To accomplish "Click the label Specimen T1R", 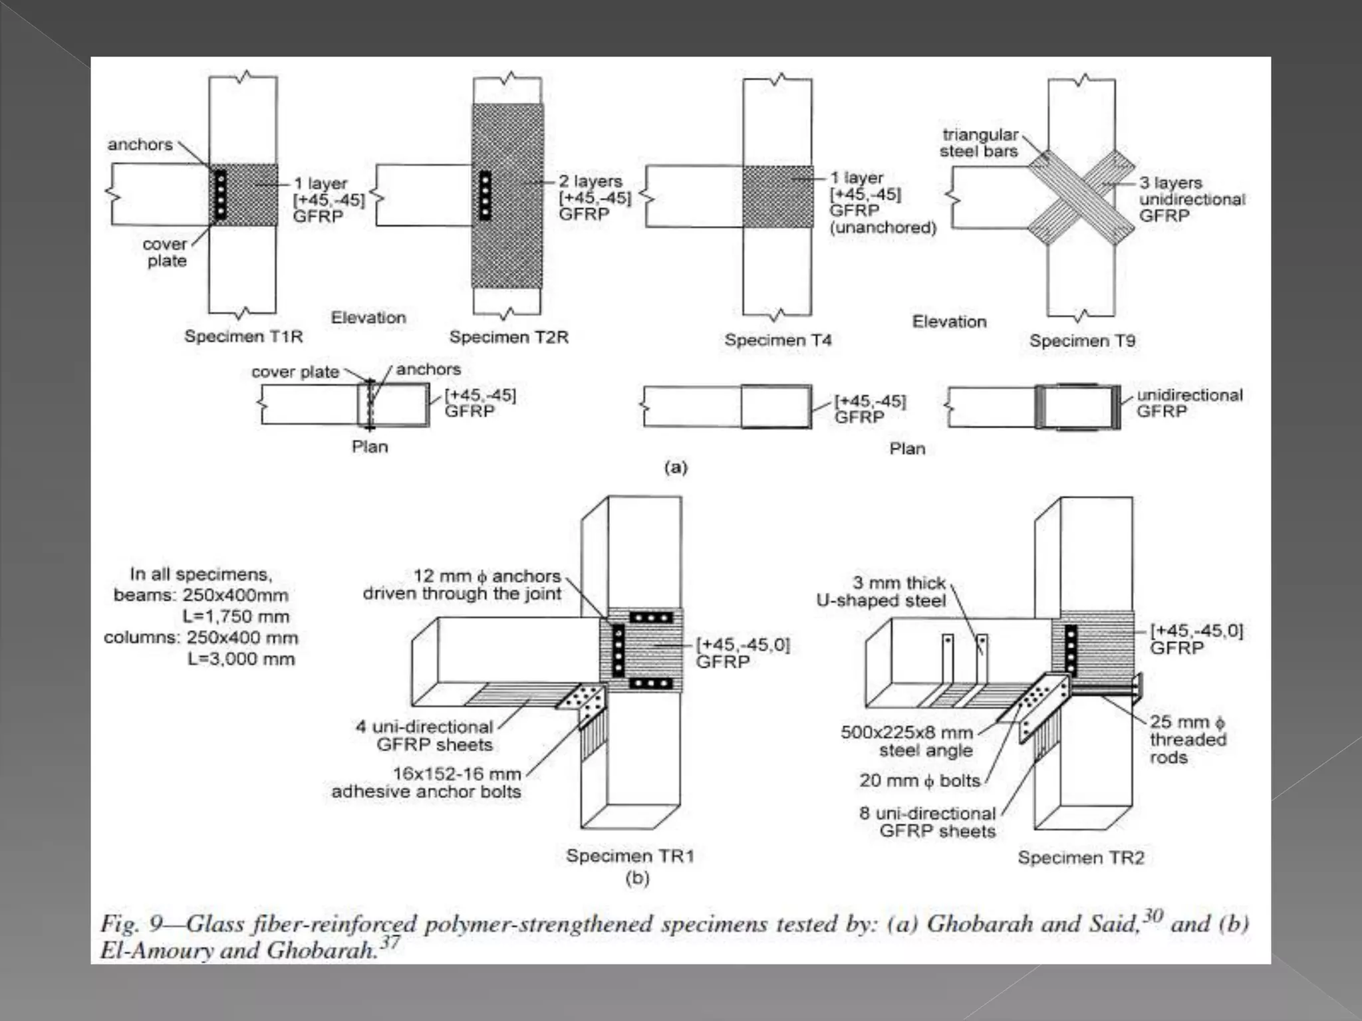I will click(x=243, y=336).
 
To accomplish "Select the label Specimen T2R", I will click(x=509, y=337).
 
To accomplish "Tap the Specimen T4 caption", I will click(x=777, y=340).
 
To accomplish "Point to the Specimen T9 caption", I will click(x=1082, y=341).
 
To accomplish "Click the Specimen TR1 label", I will click(x=630, y=855).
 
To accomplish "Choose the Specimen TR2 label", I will click(x=1081, y=857).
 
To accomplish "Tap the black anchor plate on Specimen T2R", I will click(x=485, y=195).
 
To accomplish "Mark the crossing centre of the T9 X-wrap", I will click(x=1081, y=197).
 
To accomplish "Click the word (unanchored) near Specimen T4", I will click(x=883, y=228).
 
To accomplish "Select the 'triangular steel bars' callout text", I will click(x=979, y=143).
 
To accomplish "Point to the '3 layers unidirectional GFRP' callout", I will click(x=1191, y=199).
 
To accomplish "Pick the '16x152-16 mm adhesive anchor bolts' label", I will click(x=426, y=782).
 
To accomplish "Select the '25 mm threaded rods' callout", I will click(x=1187, y=739).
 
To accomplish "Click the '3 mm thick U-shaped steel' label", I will click(x=881, y=592).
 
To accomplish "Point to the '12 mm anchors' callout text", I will click(x=463, y=584).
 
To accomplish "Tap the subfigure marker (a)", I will click(x=676, y=467).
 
